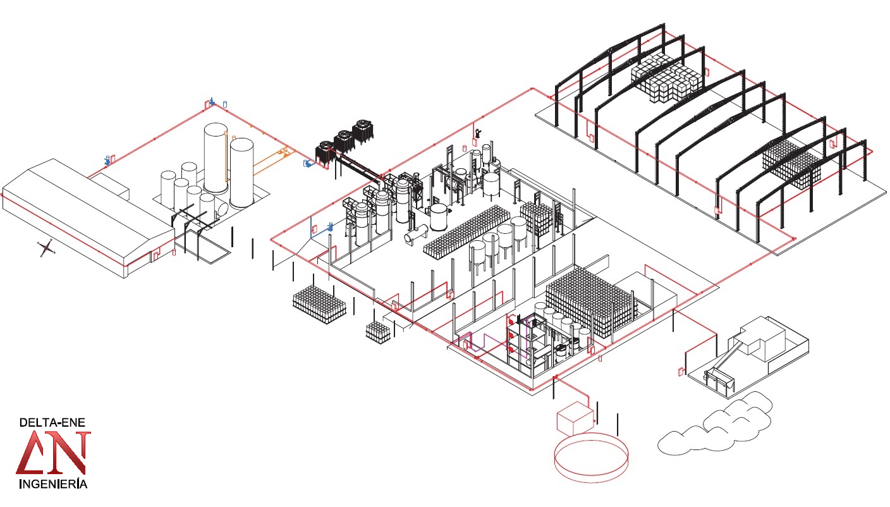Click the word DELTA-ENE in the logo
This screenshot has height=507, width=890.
coord(52,422)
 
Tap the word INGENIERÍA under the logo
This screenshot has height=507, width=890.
coord(53,485)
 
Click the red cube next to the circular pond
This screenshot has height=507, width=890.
coord(574,416)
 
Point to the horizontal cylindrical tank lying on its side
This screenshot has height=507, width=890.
coord(415,234)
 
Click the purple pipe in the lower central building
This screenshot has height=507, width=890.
coord(484,341)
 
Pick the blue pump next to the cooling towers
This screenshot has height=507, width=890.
coord(308,164)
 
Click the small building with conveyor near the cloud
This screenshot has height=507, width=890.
coord(752,354)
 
